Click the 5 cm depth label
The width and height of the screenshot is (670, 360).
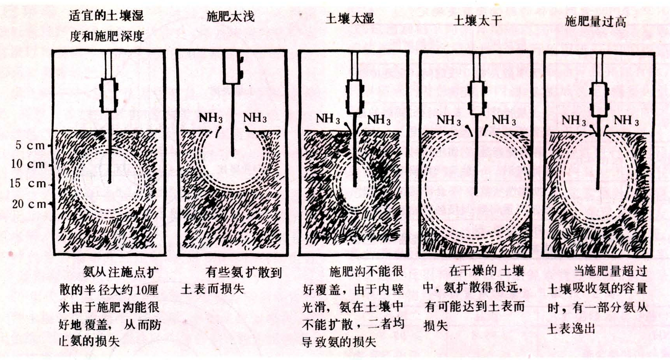30,146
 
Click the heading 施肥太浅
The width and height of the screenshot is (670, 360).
230,16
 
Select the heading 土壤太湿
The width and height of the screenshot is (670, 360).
350,18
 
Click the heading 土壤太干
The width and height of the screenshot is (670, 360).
478,20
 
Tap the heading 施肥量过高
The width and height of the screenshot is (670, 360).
595,22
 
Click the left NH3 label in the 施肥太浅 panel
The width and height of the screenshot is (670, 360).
211,118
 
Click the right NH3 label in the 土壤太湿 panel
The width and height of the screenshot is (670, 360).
379,120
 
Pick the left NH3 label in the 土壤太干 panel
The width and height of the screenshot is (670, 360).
449,120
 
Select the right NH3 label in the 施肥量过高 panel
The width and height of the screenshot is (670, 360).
626,121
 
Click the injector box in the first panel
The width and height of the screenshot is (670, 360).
109,95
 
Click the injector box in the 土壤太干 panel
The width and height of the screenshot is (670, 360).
478,98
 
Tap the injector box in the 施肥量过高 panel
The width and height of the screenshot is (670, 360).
600,100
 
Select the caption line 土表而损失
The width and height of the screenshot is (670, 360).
213,289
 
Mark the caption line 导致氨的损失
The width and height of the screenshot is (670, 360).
339,342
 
